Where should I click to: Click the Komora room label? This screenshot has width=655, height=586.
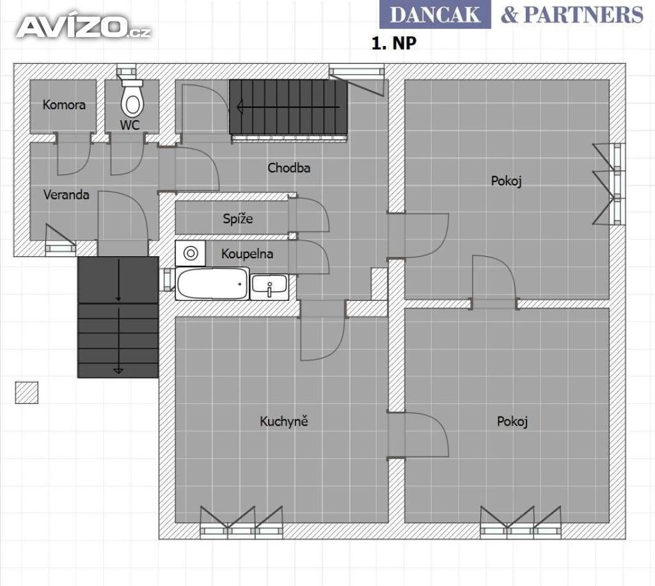coord(64,104)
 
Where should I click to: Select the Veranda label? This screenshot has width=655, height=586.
coord(67,194)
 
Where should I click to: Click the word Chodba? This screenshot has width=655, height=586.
coord(288,168)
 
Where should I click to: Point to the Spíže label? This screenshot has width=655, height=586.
coord(238,219)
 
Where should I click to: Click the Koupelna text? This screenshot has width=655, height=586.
coord(248,254)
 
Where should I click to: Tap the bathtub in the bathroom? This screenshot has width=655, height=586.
coord(212,284)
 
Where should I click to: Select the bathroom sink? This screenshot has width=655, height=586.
coord(269,286)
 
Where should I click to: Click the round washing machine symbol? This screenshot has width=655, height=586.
coord(191,253)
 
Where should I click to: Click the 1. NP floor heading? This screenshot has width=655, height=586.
coord(394,43)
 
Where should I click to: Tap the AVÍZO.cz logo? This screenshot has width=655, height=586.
coord(84,27)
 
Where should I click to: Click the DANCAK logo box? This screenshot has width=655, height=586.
coord(435,15)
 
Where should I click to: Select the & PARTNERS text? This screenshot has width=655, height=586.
coord(572,15)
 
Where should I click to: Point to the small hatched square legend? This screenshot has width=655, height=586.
coord(27,392)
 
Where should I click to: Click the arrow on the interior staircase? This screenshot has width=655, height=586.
coord(288,107)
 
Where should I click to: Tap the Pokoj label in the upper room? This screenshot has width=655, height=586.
coord(507,181)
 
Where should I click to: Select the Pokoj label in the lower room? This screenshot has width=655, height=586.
coord(512,422)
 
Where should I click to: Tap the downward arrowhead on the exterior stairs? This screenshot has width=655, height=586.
coord(118,370)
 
